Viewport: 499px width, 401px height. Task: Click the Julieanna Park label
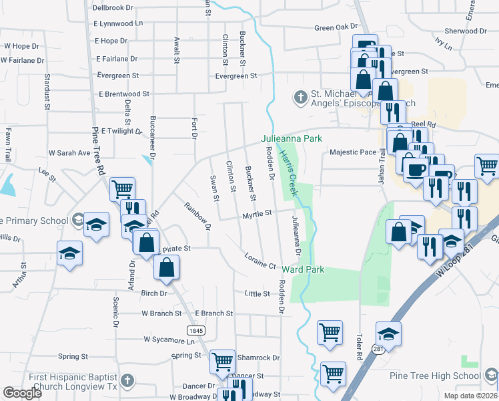pyautogui.click(x=292, y=138)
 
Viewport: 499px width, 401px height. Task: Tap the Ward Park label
pyautogui.click(x=303, y=269)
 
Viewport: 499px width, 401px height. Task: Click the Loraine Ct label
pyautogui.click(x=260, y=261)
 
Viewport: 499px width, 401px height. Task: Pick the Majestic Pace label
pyautogui.click(x=353, y=152)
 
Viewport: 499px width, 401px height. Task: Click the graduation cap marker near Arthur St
pyautogui.click(x=69, y=254)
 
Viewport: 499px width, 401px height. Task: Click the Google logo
pyautogui.click(x=23, y=393)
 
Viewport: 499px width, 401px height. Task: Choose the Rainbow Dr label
pyautogui.click(x=197, y=217)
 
